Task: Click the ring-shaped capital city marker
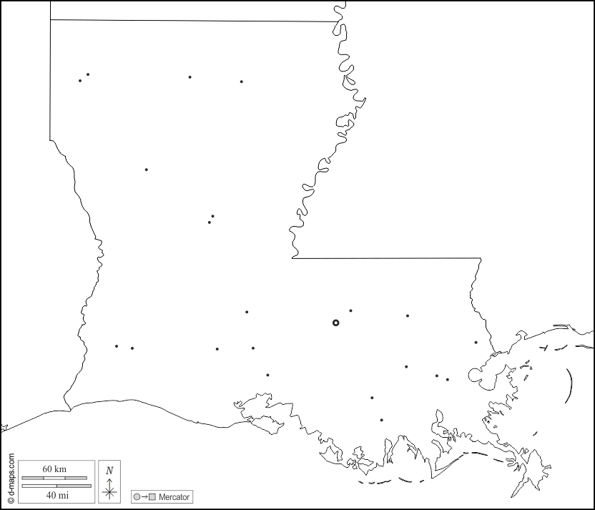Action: [335, 323]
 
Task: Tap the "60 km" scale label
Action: [55, 469]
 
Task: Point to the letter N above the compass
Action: [109, 471]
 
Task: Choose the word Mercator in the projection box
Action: [174, 497]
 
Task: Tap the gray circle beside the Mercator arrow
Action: [136, 497]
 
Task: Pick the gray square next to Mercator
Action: [152, 497]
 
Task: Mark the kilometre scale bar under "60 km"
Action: [55, 477]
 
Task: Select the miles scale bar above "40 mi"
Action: [55, 486]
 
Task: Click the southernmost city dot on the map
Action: [381, 420]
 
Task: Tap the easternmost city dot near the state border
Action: [476, 342]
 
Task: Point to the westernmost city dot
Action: [80, 80]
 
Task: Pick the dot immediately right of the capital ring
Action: [350, 310]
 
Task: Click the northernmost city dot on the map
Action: [88, 74]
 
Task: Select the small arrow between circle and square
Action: [144, 497]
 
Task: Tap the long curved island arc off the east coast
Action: [571, 386]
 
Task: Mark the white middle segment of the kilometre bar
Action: [55, 477]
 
